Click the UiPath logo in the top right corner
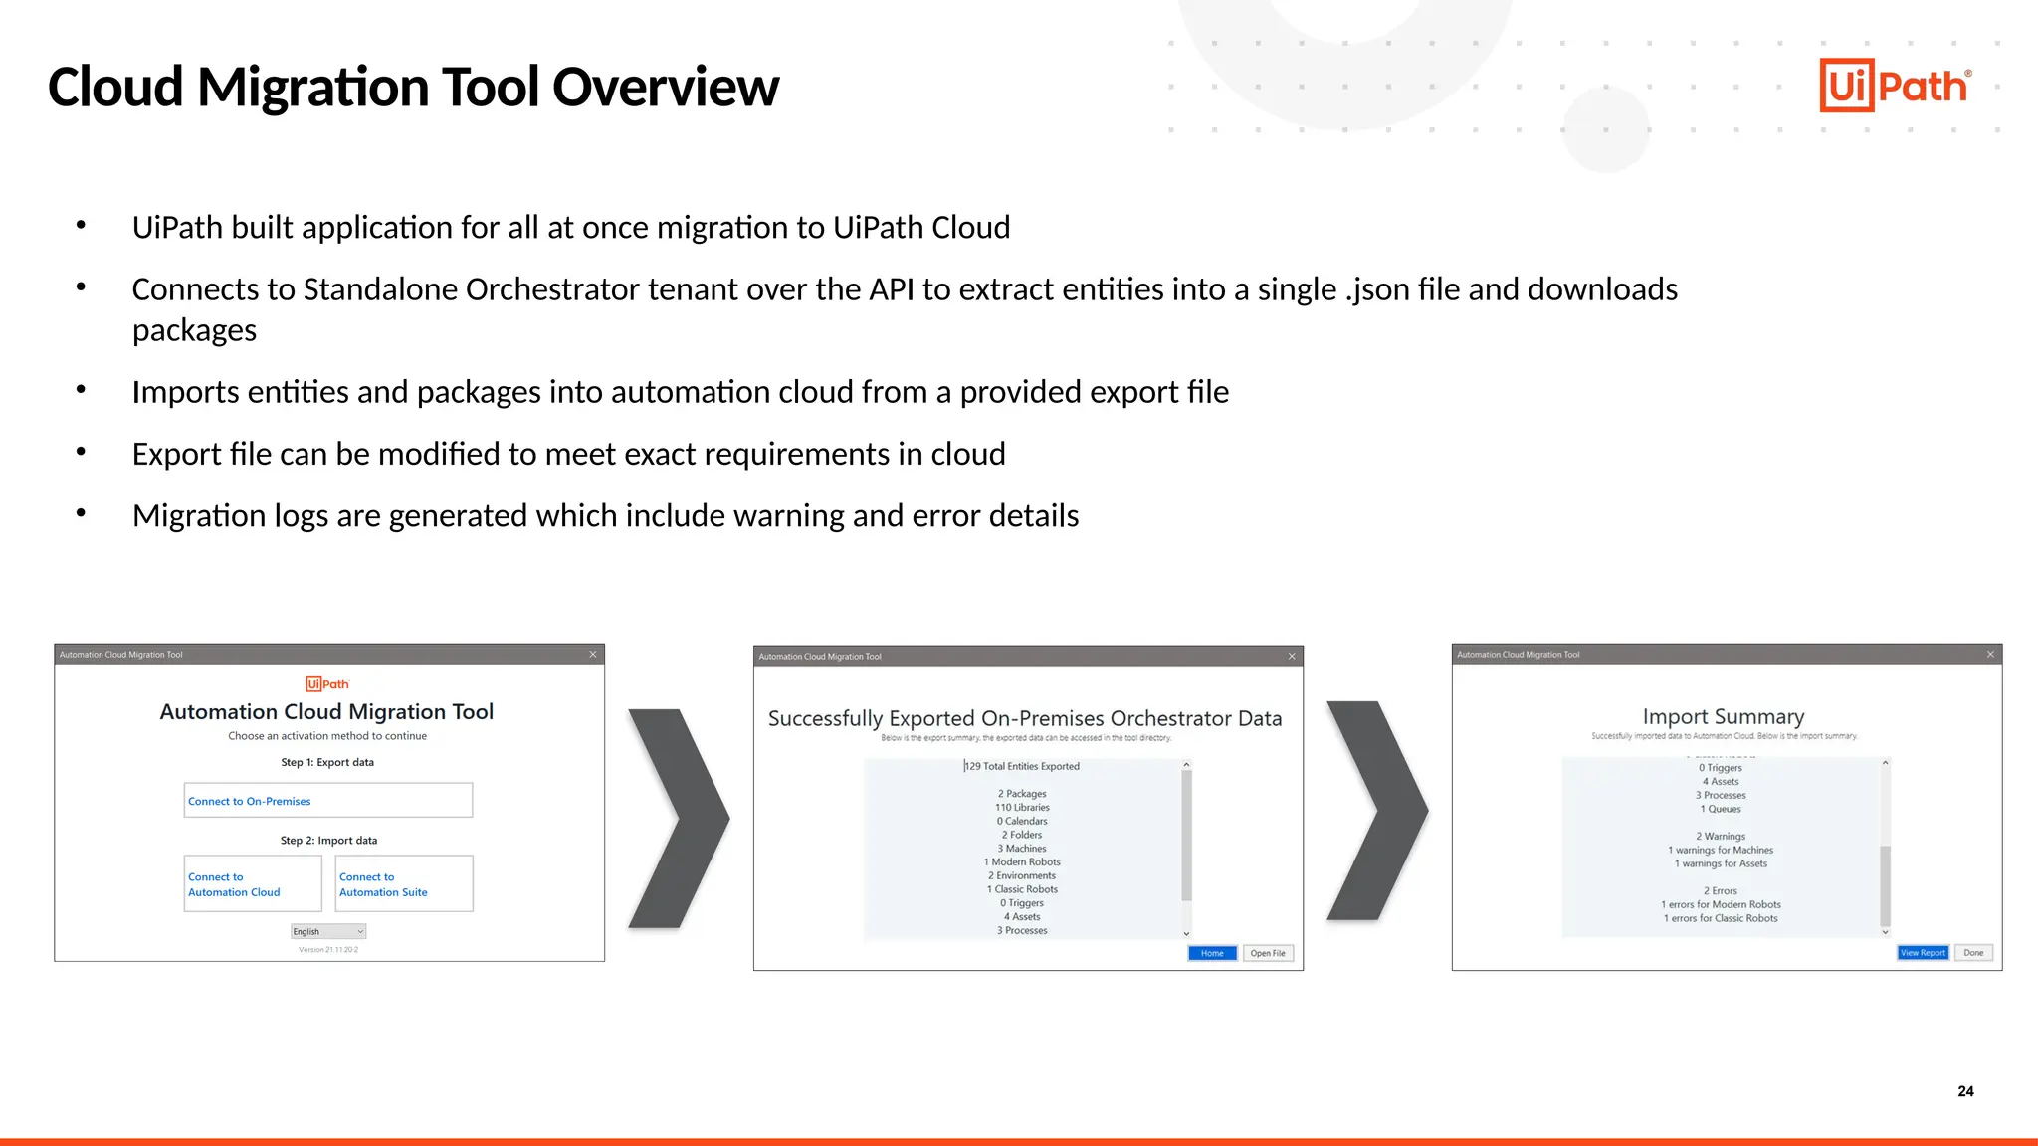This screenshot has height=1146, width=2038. point(1894,86)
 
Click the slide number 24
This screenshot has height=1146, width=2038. point(1965,1091)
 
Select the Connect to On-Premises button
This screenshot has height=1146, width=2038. point(327,801)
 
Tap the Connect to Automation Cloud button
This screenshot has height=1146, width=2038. point(253,884)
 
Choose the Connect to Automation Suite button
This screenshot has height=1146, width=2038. point(404,884)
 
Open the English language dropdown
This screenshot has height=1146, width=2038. point(328,932)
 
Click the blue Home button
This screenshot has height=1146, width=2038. point(1212,953)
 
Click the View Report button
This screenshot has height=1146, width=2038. point(1923,953)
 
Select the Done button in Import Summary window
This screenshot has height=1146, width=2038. point(1973,953)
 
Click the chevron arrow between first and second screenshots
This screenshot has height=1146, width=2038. point(680,819)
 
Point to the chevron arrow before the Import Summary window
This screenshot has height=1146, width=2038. point(1378,811)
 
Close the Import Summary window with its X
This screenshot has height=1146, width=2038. point(1990,655)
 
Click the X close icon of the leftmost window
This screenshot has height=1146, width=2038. point(593,655)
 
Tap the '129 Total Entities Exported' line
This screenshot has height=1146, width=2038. point(1022,767)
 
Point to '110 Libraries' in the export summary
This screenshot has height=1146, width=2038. point(1023,808)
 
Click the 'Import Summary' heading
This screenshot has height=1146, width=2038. point(1724,716)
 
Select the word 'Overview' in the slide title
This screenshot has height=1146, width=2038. point(666,88)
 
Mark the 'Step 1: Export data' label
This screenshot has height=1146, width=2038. point(327,763)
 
